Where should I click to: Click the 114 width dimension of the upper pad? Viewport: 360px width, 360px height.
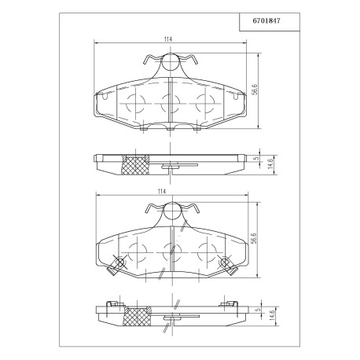coord(168,39)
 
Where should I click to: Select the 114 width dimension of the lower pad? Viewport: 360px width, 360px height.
coord(162,192)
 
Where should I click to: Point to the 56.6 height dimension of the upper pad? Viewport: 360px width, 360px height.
coord(254,90)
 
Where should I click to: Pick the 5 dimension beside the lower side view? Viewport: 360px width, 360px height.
coord(257,309)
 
